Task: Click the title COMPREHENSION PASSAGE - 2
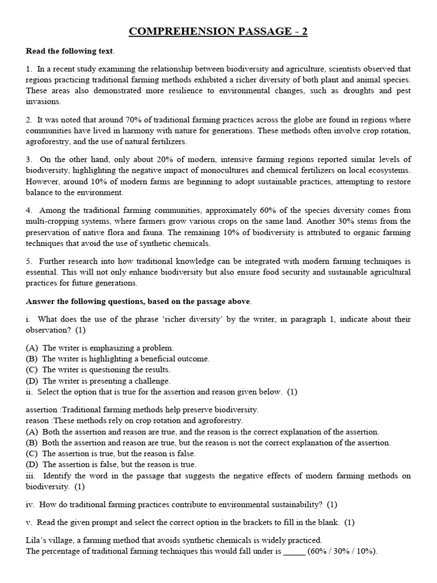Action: [x=218, y=31]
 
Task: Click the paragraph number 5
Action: [x=28, y=261]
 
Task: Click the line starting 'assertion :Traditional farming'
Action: [x=142, y=409]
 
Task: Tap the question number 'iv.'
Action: [x=31, y=504]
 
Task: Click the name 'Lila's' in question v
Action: [x=37, y=540]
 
